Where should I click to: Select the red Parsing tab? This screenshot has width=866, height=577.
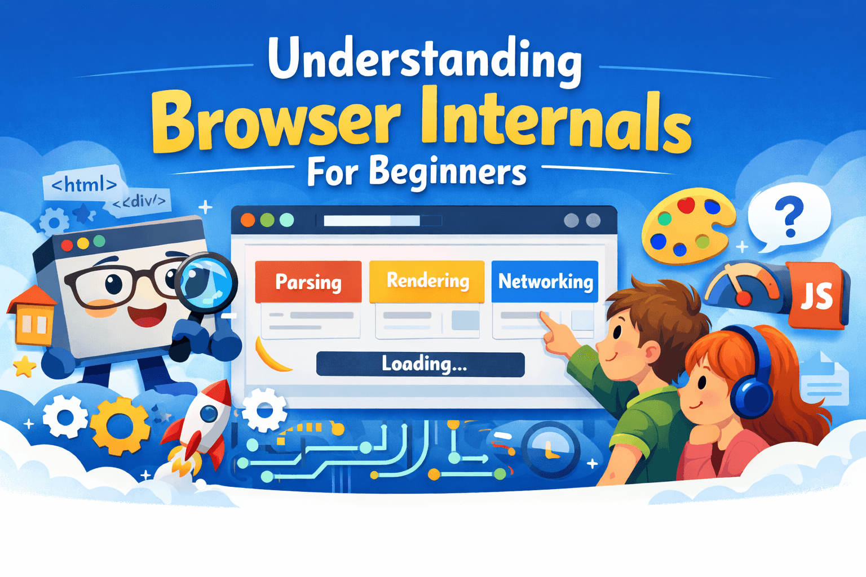[x=308, y=281]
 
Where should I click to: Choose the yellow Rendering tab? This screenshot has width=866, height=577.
[x=427, y=281]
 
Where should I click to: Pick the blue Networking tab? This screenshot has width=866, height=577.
[x=545, y=281]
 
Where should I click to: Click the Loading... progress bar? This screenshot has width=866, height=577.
[x=421, y=364]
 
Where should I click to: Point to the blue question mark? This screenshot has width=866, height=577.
[x=789, y=218]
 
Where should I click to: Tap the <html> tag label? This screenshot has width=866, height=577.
[x=83, y=184]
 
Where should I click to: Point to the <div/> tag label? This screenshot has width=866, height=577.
[x=140, y=201]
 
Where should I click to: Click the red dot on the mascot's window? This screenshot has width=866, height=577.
[x=67, y=246]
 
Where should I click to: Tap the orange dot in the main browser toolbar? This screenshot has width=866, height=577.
[x=248, y=220]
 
